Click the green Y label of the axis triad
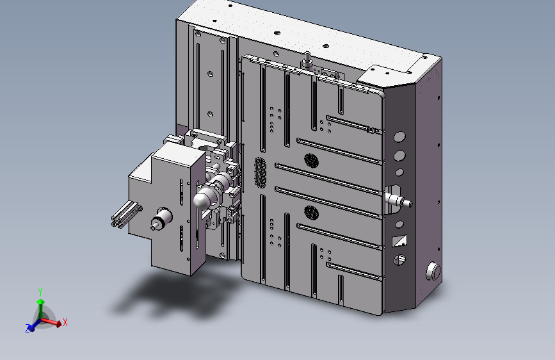(x=40, y=292)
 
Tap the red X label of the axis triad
(x=65, y=322)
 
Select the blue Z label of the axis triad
(x=28, y=328)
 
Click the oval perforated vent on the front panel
(x=260, y=172)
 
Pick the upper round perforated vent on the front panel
(x=311, y=161)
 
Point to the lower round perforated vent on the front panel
(x=311, y=213)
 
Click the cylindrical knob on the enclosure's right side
(x=433, y=272)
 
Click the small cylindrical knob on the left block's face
(x=161, y=218)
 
